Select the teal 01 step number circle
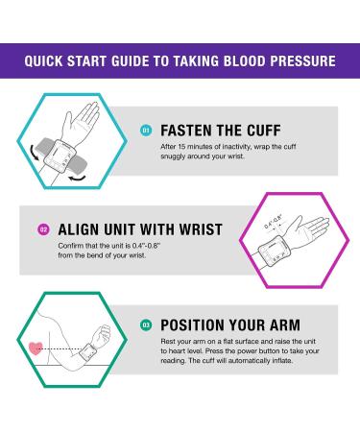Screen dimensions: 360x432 [x=146, y=131]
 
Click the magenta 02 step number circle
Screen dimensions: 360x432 [x=44, y=229]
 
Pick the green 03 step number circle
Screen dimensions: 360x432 [x=146, y=325]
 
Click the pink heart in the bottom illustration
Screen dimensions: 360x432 [x=36, y=348]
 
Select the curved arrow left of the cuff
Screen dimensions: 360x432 [x=34, y=153]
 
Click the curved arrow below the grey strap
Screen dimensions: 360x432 [x=78, y=178]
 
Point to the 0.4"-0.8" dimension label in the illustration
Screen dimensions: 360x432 [x=274, y=221]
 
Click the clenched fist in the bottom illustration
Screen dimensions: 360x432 [x=102, y=335]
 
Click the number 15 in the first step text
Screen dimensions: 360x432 [x=181, y=147]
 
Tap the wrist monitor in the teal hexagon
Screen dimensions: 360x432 [x=60, y=155]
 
